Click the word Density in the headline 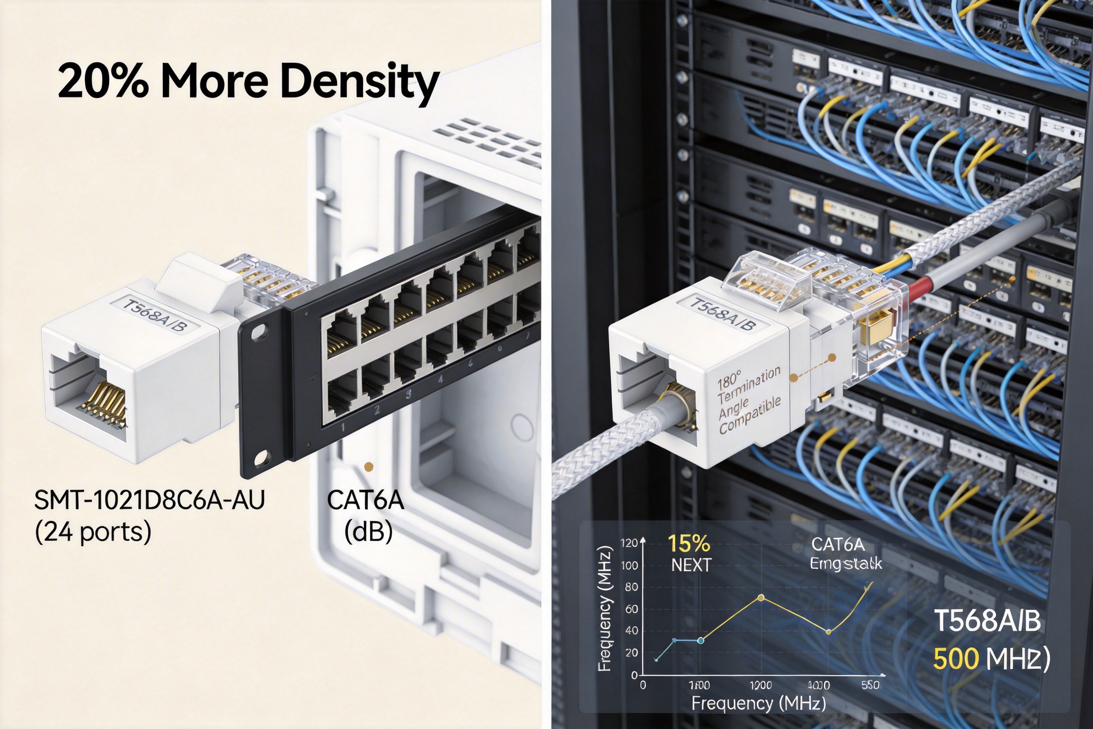coord(360,82)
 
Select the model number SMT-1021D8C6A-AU coord(149,500)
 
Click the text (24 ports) coord(93,531)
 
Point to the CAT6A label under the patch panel coord(365,500)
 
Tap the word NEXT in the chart coord(691,565)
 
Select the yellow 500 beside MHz coord(955,659)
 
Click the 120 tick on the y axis coord(629,543)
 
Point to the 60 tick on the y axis coord(631,609)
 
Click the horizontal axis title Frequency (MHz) coord(758,703)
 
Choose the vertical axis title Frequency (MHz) coord(604,609)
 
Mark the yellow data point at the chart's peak coord(761,598)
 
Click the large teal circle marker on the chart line coord(701,641)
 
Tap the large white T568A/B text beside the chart coord(987,621)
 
